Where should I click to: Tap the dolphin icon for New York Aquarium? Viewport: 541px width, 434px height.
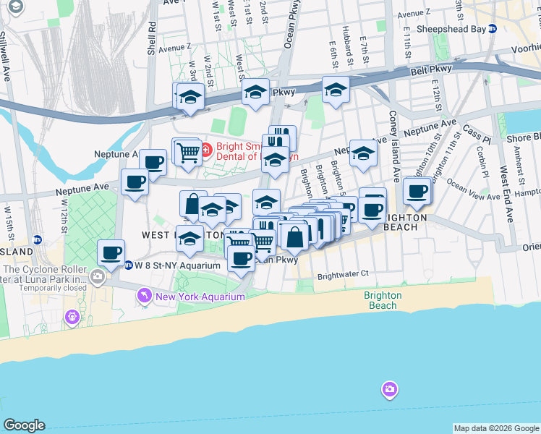point(144,297)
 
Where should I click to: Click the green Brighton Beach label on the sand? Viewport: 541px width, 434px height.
point(383,300)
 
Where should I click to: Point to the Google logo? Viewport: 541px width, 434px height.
point(24,425)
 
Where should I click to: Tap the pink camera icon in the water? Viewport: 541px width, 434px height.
point(390,391)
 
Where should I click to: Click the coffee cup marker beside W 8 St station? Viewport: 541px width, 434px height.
point(111,253)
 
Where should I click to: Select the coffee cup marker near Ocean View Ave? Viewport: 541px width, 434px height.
point(417,190)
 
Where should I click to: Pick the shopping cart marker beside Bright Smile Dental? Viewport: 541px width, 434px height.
point(188,152)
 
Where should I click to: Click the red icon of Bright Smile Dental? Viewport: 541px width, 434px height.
point(206,150)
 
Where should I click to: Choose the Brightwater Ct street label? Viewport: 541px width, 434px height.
point(343,274)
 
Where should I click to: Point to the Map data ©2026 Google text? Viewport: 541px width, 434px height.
point(496,428)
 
